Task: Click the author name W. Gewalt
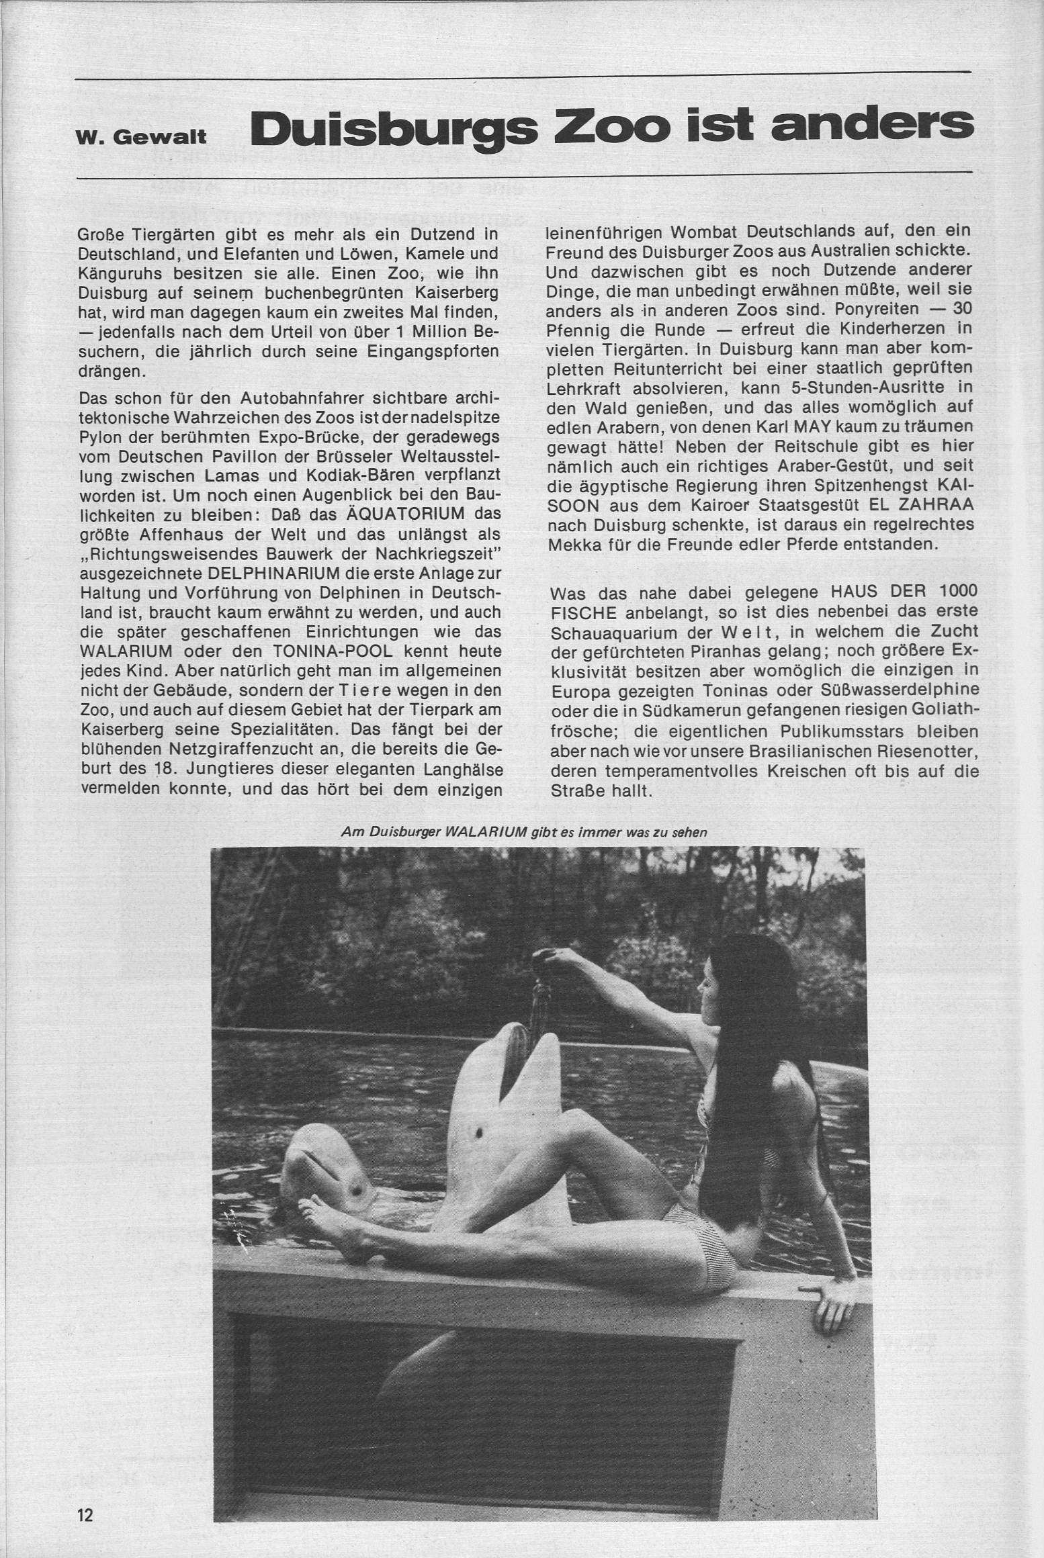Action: coord(142,138)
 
